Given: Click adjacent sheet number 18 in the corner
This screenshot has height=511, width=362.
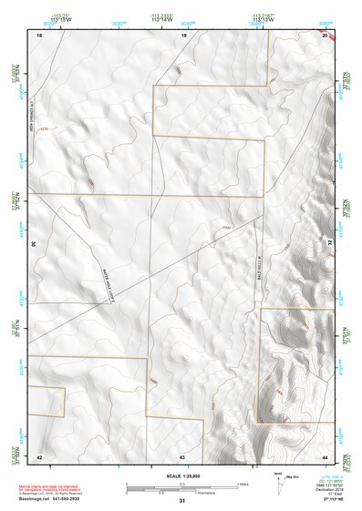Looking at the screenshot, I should coord(39,34).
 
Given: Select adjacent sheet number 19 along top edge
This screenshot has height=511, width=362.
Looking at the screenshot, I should coord(183,34).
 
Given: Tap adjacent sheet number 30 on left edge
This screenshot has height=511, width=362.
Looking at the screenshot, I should coord(33,243).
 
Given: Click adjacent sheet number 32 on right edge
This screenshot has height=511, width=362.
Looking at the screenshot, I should coord(330,243).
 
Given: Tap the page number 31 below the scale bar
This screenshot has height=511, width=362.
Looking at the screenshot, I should coord(181,501).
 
